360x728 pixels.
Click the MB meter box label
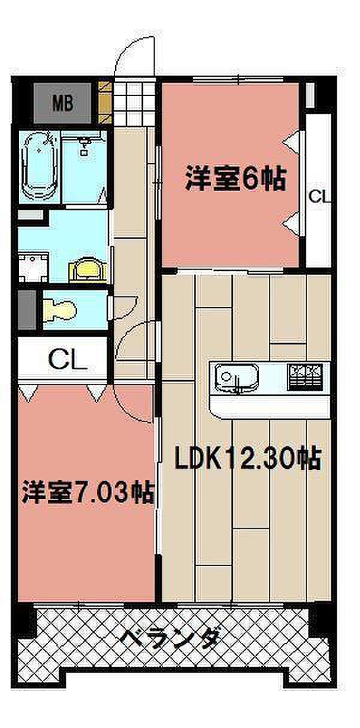click(x=63, y=104)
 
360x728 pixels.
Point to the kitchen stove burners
click(x=305, y=377)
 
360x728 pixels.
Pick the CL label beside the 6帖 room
click(x=319, y=196)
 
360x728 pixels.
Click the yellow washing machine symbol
click(x=88, y=269)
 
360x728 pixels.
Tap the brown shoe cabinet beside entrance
click(x=106, y=103)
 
